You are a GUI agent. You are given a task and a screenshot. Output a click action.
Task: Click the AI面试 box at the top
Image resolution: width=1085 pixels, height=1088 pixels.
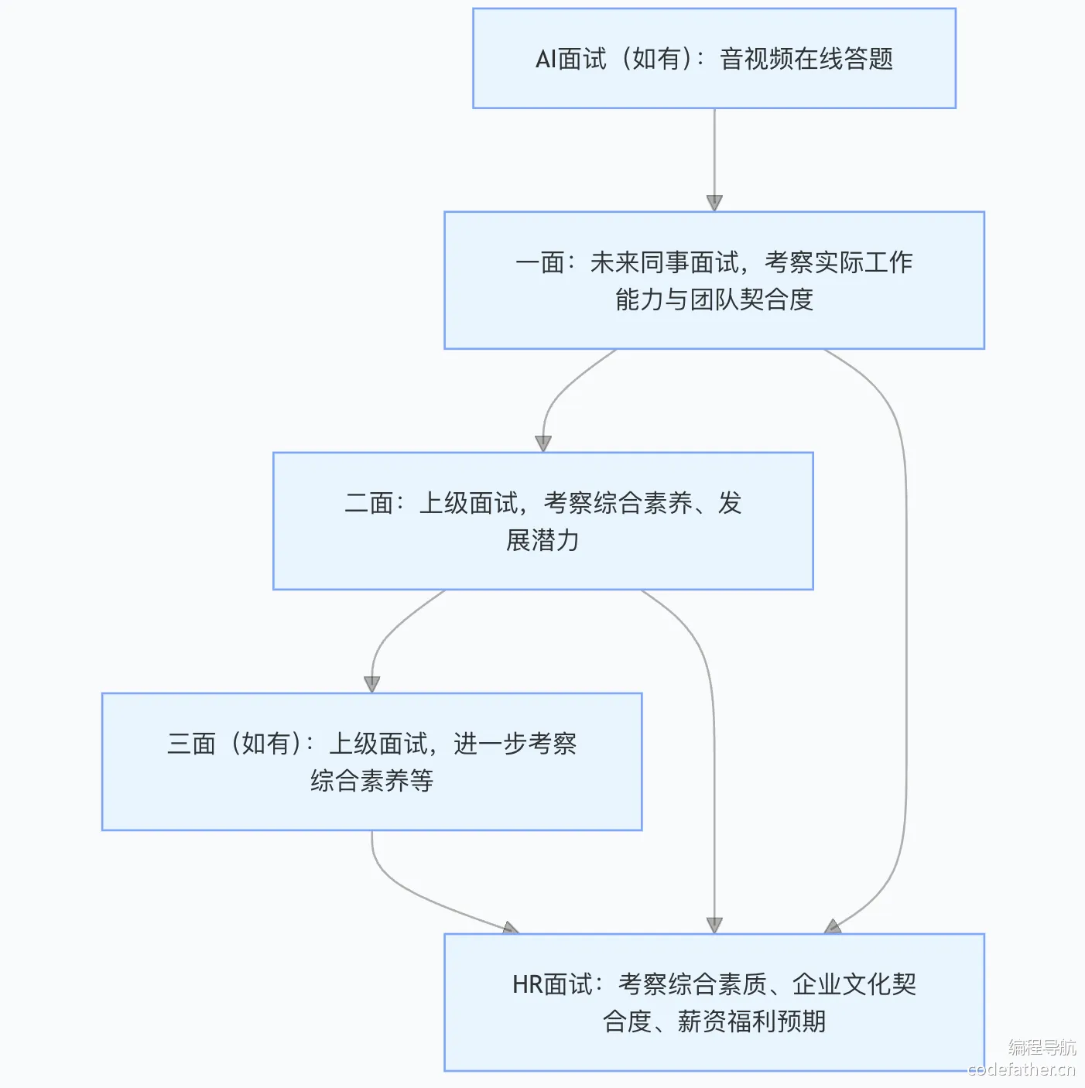[x=714, y=58]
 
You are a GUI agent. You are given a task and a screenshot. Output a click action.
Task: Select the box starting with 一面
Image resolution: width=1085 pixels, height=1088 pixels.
[x=714, y=280]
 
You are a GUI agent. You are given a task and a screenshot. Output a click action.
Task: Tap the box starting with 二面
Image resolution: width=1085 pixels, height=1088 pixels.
[x=542, y=521]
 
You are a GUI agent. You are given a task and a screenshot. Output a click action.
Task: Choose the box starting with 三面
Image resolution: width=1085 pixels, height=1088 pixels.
[x=371, y=761]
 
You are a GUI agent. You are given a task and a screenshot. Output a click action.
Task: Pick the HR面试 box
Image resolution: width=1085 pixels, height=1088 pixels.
[x=714, y=1002]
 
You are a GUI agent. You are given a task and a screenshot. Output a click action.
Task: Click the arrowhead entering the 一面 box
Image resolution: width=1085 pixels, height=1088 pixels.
[x=714, y=204]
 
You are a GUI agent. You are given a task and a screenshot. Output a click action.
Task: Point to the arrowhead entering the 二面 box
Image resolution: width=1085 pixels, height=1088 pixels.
[x=543, y=443]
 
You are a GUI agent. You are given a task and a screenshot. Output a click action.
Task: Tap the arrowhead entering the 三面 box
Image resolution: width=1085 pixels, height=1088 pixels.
[x=371, y=684]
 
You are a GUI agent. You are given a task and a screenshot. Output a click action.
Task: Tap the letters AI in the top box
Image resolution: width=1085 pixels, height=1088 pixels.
[x=546, y=59]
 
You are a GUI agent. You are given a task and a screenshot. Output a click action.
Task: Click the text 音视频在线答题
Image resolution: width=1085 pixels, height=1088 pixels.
[x=806, y=59]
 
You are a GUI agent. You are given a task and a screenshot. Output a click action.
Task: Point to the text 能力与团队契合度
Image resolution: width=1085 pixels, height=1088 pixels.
[x=714, y=299]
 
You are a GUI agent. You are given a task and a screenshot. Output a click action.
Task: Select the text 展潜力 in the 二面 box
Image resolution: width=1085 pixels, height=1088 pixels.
[x=542, y=540]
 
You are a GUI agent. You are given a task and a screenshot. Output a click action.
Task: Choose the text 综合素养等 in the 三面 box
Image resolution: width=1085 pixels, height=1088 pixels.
[x=371, y=781]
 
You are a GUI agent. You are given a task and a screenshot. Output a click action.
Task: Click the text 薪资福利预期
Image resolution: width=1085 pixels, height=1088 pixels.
[x=751, y=1021]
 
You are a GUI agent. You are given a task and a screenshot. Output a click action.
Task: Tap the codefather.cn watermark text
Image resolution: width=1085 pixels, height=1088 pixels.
[x=1022, y=1069]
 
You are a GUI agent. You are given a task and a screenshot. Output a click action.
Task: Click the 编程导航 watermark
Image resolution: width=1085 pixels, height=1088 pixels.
[x=1042, y=1047]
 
